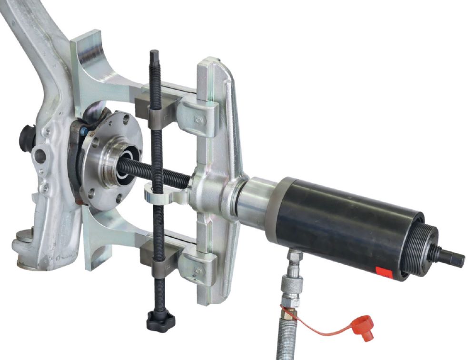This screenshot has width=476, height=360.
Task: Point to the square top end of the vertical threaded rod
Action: point(155,56)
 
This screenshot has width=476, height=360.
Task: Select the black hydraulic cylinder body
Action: point(343,224)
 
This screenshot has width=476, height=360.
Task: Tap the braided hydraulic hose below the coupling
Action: point(285,333)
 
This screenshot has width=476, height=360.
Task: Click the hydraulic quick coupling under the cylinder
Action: point(292,281)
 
